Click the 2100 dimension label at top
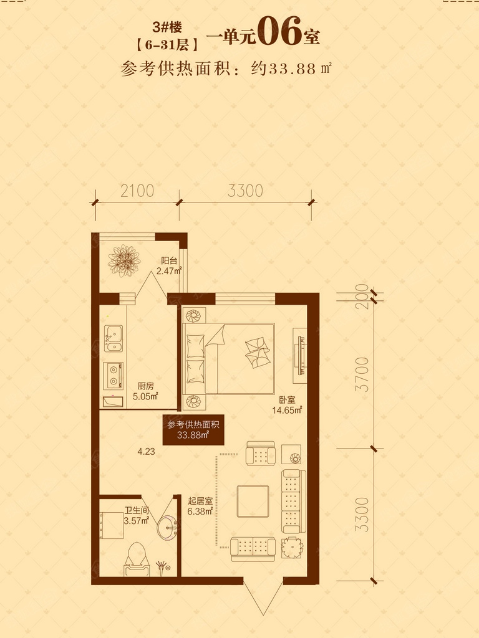[x=137, y=191]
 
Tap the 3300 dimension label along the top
[x=245, y=191]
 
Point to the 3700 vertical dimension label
[x=362, y=374]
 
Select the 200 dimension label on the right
[x=362, y=297]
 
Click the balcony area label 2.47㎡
[x=168, y=270]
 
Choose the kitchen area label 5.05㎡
[x=145, y=396]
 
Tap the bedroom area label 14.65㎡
[x=287, y=410]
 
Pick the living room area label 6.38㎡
[x=200, y=512]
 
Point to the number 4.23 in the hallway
[x=146, y=451]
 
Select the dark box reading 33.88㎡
[x=193, y=430]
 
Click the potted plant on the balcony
[x=124, y=260]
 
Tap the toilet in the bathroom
[x=137, y=559]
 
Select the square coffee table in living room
[x=253, y=502]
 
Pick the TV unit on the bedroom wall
[x=301, y=355]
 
